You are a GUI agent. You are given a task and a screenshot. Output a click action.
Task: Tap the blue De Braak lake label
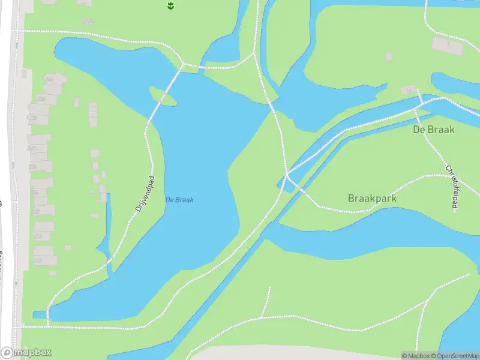point(179,200)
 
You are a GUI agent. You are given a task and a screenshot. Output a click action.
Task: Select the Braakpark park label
point(372,198)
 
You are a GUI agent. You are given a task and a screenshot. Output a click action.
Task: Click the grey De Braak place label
point(434,129)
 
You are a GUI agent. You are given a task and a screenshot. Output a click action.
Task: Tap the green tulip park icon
point(170,5)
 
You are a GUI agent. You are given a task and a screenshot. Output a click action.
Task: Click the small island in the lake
point(163,95)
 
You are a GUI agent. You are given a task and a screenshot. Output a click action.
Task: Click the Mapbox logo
point(26,353)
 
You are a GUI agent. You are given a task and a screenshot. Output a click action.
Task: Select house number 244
point(49,79)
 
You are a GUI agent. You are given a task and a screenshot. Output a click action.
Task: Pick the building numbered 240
point(41,99)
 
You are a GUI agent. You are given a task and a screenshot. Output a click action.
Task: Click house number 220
point(32,167)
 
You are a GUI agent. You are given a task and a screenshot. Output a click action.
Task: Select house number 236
point(33,118)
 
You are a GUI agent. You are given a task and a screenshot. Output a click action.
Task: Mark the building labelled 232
point(31,148)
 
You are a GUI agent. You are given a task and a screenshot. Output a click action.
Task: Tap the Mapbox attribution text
point(416,356)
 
